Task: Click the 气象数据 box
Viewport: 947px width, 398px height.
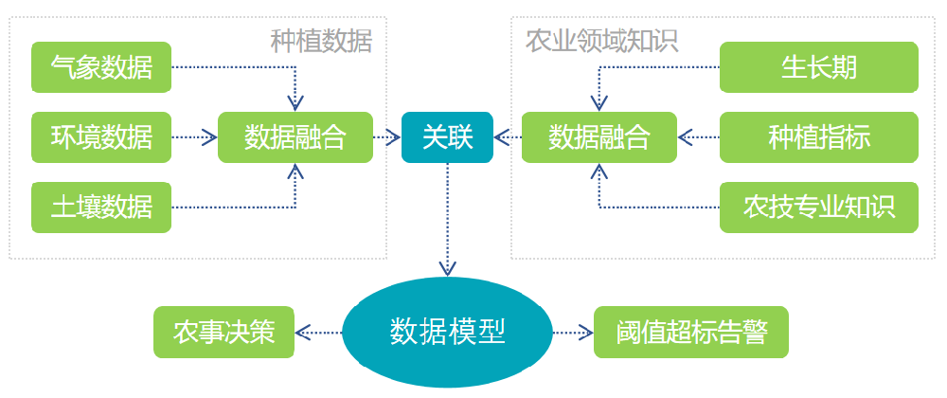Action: click(101, 67)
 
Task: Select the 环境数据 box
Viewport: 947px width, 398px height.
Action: click(101, 137)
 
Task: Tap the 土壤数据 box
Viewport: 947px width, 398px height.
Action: click(101, 207)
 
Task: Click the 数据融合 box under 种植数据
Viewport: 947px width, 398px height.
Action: click(295, 137)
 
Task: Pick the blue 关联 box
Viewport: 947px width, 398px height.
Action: click(447, 137)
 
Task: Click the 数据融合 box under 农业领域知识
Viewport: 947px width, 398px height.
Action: click(599, 137)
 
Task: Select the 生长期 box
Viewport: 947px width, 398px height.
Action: click(818, 67)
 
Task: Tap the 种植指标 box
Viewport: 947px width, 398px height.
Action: click(818, 137)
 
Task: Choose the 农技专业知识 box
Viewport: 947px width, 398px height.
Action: click(818, 207)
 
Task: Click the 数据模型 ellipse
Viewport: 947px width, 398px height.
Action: click(447, 332)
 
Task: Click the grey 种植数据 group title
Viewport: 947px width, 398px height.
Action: click(321, 41)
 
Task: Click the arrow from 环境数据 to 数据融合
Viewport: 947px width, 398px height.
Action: click(194, 137)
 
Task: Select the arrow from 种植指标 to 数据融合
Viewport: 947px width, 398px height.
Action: click(699, 137)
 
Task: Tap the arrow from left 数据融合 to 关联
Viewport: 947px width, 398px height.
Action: click(385, 137)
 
